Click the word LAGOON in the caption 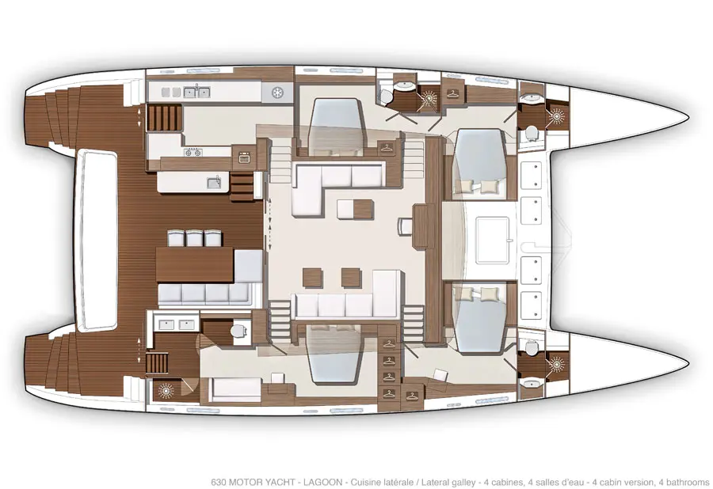[x=322, y=482]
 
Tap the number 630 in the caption [x=219, y=482]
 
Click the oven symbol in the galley [x=244, y=158]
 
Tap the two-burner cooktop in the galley [x=193, y=152]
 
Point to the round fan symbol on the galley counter [x=276, y=93]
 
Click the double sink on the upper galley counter [x=197, y=92]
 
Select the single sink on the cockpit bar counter [x=214, y=183]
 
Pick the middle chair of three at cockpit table [x=194, y=239]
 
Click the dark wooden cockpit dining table [x=195, y=265]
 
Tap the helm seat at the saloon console [x=405, y=226]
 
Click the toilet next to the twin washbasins [x=238, y=330]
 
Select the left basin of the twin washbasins [x=166, y=324]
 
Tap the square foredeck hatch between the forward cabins [x=494, y=239]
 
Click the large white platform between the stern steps [x=97, y=240]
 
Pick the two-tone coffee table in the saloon [x=356, y=210]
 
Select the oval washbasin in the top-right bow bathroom [x=529, y=97]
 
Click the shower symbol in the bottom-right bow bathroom [x=556, y=364]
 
